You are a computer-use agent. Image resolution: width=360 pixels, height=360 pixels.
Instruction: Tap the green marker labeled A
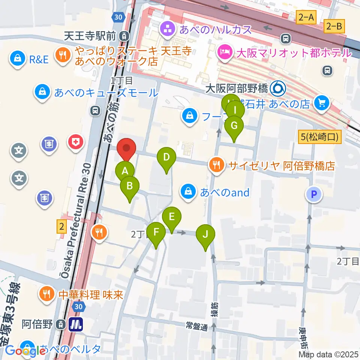pos(125,172)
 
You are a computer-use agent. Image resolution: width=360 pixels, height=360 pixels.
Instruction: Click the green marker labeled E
pos(172,217)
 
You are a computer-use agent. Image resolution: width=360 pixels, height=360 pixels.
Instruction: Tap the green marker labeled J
pos(205,235)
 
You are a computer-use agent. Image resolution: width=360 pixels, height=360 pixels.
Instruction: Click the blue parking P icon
pos(314,194)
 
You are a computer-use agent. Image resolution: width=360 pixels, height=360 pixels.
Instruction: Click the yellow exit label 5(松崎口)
pos(319,138)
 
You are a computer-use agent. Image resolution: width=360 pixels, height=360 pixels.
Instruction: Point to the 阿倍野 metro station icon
pos(76,324)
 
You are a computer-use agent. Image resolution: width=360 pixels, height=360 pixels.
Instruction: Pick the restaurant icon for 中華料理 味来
pos(46,294)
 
